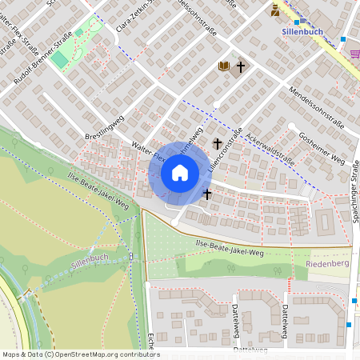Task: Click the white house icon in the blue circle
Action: pyautogui.click(x=179, y=173)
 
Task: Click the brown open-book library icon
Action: pyautogui.click(x=224, y=67)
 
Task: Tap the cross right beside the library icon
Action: pyautogui.click(x=239, y=67)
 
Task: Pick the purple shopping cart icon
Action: pyautogui.click(x=354, y=53)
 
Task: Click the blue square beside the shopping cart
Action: pyautogui.click(x=343, y=38)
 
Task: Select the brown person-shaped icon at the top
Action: pyautogui.click(x=275, y=10)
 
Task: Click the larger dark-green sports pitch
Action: pyautogui.click(x=59, y=59)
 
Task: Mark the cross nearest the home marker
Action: pyautogui.click(x=207, y=194)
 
